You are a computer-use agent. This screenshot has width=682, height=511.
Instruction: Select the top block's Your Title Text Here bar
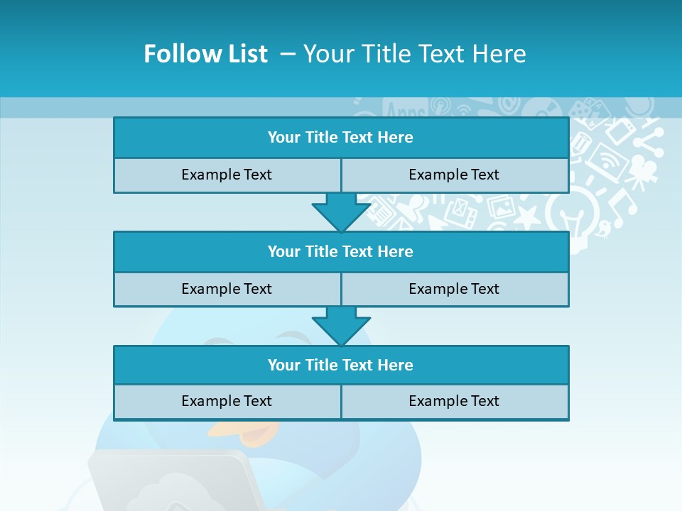340,138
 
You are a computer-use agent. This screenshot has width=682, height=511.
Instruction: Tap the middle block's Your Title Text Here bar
340,251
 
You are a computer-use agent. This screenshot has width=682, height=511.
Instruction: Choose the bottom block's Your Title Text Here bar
340,365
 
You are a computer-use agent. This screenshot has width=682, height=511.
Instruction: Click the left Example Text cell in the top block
227,175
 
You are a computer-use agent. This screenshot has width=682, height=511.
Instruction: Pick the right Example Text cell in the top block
454,175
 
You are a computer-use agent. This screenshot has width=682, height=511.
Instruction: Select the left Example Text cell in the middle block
227,289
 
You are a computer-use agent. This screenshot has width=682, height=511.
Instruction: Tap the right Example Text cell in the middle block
454,289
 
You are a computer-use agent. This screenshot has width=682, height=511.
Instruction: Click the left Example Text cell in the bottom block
227,401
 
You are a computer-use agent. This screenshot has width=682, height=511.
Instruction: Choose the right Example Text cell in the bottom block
454,401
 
